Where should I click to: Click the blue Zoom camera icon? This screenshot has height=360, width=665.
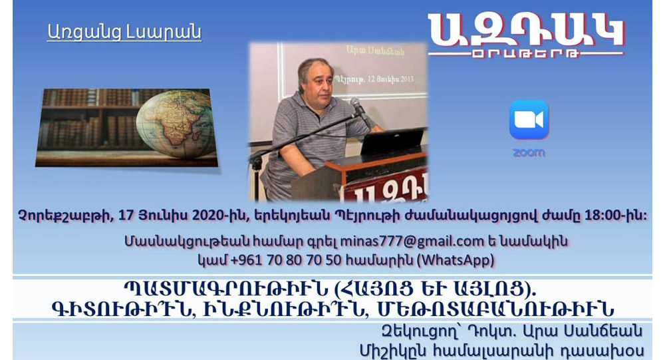(x=529, y=120)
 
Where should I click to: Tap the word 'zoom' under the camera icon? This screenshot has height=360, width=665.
(x=529, y=153)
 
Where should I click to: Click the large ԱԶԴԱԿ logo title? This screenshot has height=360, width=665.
(x=526, y=30)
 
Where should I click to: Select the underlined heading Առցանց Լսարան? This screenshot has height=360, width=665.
(x=124, y=32)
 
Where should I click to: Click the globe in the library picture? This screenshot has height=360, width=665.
(x=176, y=123)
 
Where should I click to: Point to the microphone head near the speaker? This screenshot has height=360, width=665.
(x=357, y=106)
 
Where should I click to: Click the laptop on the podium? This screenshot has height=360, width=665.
(x=392, y=141)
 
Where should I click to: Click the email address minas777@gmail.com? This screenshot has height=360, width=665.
(x=412, y=241)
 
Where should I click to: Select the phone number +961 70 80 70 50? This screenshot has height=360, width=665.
(x=286, y=260)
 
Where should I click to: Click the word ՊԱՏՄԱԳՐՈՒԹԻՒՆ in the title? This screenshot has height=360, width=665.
(x=225, y=289)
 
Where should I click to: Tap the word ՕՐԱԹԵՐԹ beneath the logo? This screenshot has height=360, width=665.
(x=525, y=55)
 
